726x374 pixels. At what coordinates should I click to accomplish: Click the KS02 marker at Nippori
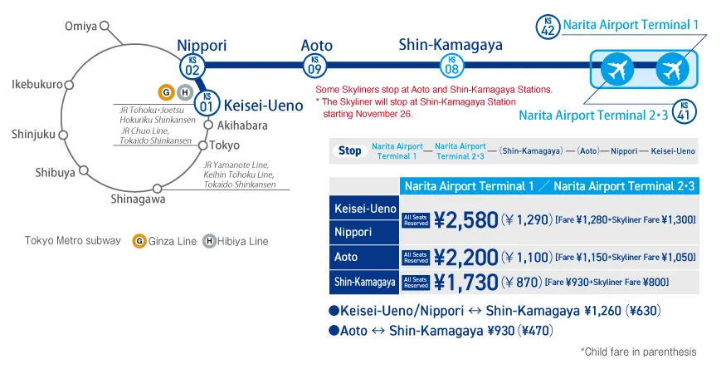[192, 65]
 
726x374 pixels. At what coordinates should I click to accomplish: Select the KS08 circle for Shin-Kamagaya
[451, 65]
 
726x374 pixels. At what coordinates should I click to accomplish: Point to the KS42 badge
[548, 26]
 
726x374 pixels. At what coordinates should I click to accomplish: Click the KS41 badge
[684, 110]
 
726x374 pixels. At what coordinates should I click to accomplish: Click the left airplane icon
[616, 68]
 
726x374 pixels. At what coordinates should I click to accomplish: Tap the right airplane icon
[672, 68]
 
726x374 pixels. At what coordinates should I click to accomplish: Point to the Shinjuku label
[35, 134]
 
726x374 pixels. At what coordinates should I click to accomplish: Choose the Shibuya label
[55, 172]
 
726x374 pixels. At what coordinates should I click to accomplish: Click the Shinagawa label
[138, 199]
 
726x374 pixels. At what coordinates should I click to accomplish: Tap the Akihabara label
[242, 125]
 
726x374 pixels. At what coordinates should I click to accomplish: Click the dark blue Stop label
[349, 151]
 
